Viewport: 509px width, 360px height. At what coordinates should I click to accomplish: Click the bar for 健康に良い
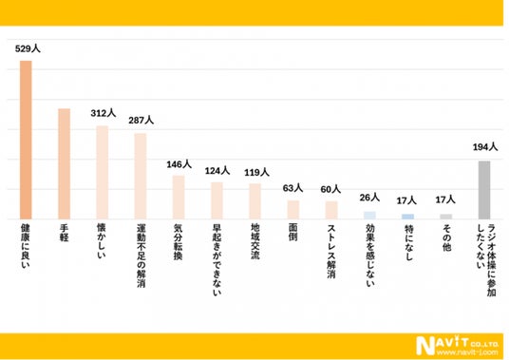tap(26, 140)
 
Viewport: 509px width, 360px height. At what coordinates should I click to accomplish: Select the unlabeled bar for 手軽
tap(65, 164)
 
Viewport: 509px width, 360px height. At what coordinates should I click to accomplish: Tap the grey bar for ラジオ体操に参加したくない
tap(484, 190)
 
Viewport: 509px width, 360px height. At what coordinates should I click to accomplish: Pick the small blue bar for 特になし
tap(407, 217)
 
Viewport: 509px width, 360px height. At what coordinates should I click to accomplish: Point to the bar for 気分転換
tap(179, 198)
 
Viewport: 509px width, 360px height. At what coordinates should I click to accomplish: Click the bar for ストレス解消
tap(331, 210)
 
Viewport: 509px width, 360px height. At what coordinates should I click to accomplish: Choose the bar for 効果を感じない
tap(369, 216)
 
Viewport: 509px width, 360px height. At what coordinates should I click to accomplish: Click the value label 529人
tap(28, 48)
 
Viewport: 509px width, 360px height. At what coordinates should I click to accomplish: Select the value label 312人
tap(104, 113)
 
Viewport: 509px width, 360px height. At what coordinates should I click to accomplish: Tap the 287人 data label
tap(141, 120)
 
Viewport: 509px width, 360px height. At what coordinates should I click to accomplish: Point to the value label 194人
tap(485, 147)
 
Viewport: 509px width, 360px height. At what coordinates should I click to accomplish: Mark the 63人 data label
tap(292, 188)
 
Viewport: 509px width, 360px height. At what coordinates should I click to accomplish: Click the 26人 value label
tap(369, 198)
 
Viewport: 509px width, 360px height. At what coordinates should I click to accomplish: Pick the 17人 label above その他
tap(445, 199)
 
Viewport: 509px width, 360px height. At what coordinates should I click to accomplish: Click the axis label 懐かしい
tap(102, 240)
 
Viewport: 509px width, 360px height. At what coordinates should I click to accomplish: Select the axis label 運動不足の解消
tap(141, 256)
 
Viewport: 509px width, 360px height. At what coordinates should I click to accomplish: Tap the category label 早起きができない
tap(217, 259)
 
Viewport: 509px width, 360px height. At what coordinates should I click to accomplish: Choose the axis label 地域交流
tap(255, 241)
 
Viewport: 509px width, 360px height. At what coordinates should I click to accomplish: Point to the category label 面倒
tap(292, 232)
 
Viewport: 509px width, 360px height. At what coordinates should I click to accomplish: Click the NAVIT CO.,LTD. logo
tap(457, 346)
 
